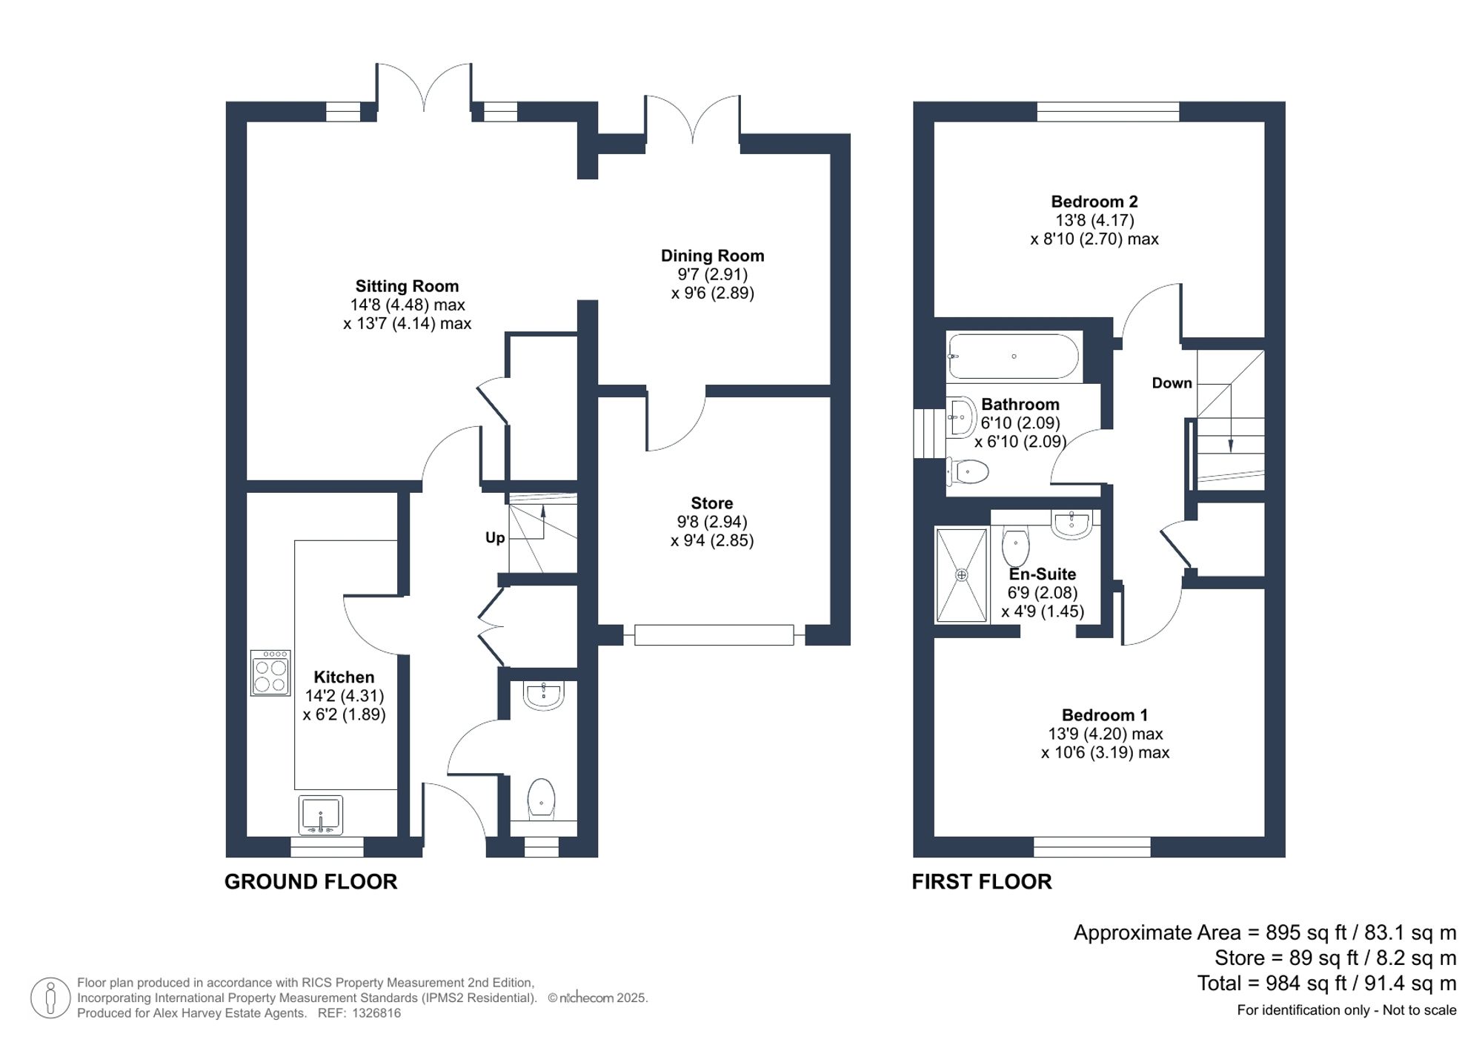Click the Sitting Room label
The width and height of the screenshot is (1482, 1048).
tap(407, 286)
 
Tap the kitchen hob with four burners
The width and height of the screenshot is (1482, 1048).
tap(270, 673)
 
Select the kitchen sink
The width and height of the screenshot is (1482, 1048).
tap(321, 815)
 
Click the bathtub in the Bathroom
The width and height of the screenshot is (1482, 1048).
tap(1014, 356)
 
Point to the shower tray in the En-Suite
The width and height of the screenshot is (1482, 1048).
tap(961, 575)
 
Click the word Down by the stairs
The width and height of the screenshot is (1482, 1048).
tap(1172, 383)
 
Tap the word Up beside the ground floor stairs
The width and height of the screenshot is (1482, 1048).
tap(495, 537)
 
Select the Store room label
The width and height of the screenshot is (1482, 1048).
tap(711, 503)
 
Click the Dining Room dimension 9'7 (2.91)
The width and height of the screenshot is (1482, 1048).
tap(712, 274)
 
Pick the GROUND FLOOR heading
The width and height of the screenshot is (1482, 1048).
tap(310, 881)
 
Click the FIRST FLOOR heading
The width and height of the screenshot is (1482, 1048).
tap(981, 881)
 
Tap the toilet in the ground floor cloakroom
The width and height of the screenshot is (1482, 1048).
tap(542, 798)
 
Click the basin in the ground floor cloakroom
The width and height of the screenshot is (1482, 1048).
tap(543, 694)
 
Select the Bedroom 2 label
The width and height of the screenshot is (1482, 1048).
tap(1094, 202)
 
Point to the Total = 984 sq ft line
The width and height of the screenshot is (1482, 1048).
tap(1326, 984)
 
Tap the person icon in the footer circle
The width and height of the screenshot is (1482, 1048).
tap(50, 998)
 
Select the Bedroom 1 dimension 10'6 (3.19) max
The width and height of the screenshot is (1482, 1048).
tap(1104, 752)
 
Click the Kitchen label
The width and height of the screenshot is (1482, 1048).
tap(344, 677)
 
